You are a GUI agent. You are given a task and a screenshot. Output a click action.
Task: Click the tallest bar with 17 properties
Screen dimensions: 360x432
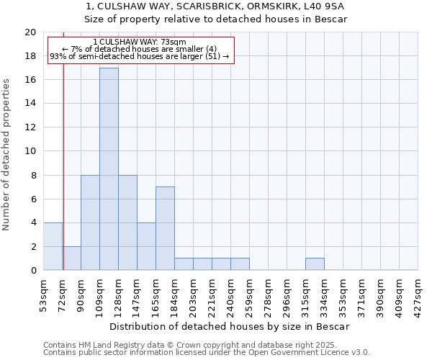point(109,169)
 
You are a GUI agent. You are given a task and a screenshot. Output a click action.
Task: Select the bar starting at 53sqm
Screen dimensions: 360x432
point(53,246)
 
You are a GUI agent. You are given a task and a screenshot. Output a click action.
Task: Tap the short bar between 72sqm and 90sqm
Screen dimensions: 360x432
point(71,258)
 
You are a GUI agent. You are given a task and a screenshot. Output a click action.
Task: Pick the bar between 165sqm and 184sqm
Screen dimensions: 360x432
point(165,228)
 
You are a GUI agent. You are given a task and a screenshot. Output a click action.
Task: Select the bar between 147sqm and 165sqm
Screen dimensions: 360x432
point(146,246)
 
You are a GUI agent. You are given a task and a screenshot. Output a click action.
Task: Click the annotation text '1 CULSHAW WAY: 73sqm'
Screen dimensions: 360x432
point(140,42)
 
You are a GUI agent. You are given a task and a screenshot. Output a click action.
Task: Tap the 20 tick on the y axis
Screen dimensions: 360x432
point(30,32)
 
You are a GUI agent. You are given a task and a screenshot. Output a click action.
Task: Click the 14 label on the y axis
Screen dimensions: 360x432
point(30,104)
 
